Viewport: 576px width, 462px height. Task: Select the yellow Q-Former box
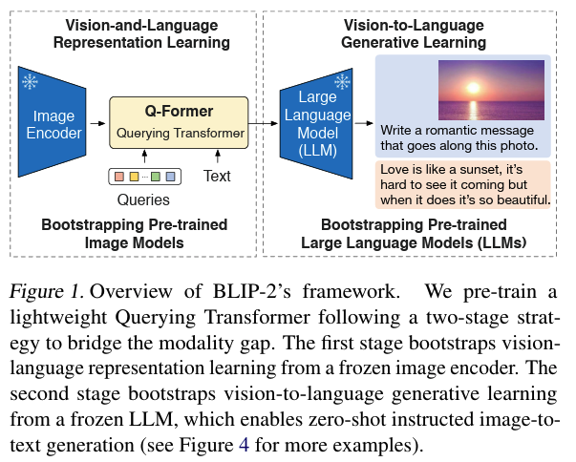(x=179, y=121)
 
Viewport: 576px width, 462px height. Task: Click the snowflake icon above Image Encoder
(x=30, y=83)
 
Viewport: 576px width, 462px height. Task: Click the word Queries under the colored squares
(x=143, y=200)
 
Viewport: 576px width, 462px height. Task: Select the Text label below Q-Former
(x=217, y=177)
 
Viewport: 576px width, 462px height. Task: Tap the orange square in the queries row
(x=119, y=177)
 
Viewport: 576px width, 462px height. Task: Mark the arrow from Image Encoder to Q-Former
(x=97, y=123)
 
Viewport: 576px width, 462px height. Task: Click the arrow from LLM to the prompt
(x=363, y=123)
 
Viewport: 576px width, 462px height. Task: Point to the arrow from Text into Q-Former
(x=217, y=156)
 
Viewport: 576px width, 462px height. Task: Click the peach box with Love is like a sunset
(x=464, y=184)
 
